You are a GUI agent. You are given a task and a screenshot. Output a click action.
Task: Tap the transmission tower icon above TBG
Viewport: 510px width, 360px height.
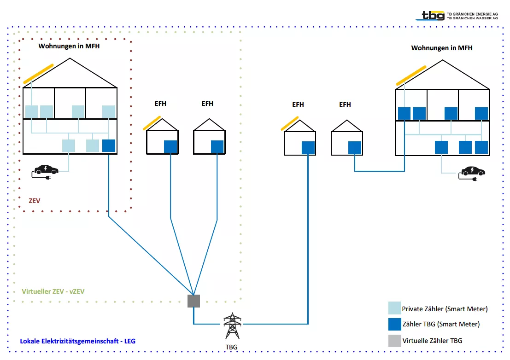pos(232,326)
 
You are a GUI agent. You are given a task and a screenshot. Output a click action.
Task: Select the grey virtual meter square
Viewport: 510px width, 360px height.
pos(194,301)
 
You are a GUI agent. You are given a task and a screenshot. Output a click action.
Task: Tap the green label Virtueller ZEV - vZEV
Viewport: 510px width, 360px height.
pos(53,291)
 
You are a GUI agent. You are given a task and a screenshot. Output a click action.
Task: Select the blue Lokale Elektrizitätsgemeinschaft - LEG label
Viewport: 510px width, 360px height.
pos(77,341)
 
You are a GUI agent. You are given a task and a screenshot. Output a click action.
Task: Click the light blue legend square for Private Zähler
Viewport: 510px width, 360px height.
pos(395,308)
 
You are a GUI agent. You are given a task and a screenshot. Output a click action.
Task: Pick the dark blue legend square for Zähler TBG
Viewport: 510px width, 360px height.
pos(395,324)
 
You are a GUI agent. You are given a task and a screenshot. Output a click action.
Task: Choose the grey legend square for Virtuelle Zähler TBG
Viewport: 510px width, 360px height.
pos(395,341)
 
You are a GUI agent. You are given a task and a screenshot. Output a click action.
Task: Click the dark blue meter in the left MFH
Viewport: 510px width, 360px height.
pos(108,145)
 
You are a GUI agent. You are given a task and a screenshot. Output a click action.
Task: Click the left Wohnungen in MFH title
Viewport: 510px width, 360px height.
pos(69,46)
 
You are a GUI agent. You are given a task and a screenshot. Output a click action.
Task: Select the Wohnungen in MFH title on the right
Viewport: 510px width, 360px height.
pos(441,48)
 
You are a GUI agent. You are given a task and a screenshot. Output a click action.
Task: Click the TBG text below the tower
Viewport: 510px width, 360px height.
pos(232,346)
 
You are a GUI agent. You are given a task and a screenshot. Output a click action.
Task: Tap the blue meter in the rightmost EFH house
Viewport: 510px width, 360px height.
pos(355,147)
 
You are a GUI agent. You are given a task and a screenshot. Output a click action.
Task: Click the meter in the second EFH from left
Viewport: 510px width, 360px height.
pos(217,146)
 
